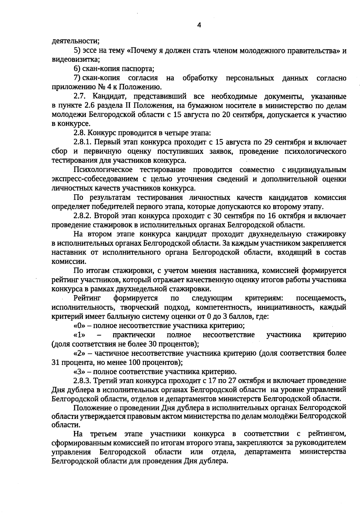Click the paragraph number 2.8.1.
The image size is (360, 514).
coord(83,142)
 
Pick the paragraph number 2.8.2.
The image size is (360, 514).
coord(83,216)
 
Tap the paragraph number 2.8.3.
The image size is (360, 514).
coord(83,381)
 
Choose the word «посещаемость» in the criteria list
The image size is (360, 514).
coord(321,298)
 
